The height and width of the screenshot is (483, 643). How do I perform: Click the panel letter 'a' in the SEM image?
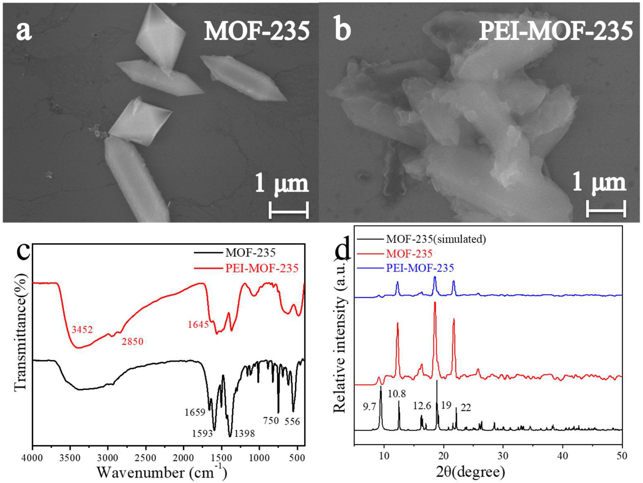[x=24, y=31]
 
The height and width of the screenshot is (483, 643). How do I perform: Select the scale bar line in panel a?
[x=288, y=210]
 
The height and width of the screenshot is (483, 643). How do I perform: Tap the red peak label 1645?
[x=198, y=324]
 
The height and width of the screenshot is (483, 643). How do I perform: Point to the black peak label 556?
[x=292, y=421]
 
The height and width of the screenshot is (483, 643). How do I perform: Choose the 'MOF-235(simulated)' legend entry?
[x=436, y=239]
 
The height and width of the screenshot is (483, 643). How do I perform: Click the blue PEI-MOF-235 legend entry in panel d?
[x=420, y=268]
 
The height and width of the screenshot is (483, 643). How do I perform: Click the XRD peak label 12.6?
[x=422, y=406]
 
